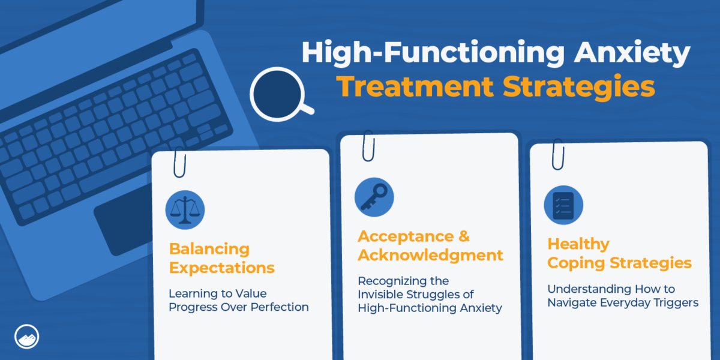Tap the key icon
[x=374, y=197]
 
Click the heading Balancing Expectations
[x=221, y=258]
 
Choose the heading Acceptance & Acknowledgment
[x=430, y=245]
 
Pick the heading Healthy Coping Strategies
[x=619, y=253]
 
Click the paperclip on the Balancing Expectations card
[x=179, y=161]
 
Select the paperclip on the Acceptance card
[x=368, y=146]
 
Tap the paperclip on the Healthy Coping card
[x=557, y=154]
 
